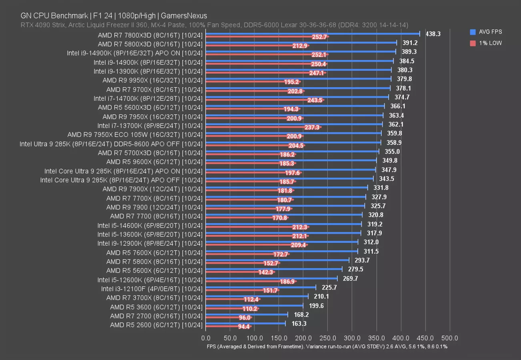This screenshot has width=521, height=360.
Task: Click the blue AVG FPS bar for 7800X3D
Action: pyautogui.click(x=312, y=34)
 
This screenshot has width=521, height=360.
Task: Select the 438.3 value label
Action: pyautogui.click(x=433, y=34)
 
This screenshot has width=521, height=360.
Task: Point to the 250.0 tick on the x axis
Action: pyautogui.click(x=327, y=338)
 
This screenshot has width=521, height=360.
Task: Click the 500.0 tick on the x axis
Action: pyautogui.click(x=450, y=338)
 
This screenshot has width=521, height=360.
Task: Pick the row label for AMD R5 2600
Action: pyautogui.click(x=156, y=325)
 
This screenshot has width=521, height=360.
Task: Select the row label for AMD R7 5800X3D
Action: pyautogui.click(x=150, y=44)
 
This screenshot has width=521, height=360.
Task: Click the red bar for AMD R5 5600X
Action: pyautogui.click(x=232, y=272)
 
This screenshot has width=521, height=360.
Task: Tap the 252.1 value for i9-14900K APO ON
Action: pyautogui.click(x=319, y=55)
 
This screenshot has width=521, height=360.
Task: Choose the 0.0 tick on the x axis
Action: pyautogui.click(x=206, y=338)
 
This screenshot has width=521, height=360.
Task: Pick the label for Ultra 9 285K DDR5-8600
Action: pyautogui.click(x=111, y=144)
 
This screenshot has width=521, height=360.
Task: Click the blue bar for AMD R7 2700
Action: pyautogui.click(x=246, y=314)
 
